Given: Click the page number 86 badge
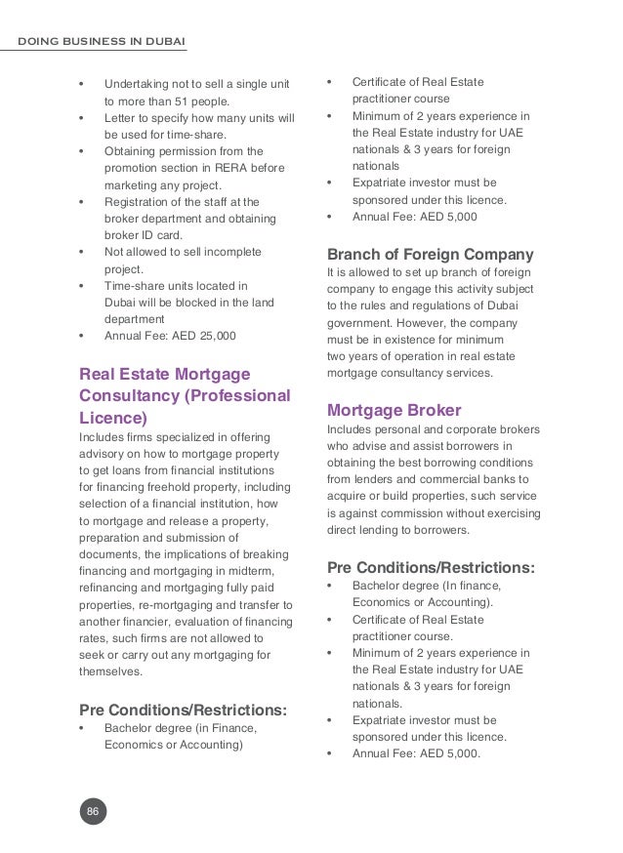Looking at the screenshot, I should (x=93, y=811).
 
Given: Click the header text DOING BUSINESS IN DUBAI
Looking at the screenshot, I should (x=103, y=41).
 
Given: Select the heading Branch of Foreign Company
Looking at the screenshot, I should (x=430, y=256).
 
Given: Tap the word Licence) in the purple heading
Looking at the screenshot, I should (x=112, y=418).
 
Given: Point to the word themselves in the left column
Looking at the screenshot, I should (x=109, y=671).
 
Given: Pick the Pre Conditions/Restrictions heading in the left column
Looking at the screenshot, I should (x=183, y=708).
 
